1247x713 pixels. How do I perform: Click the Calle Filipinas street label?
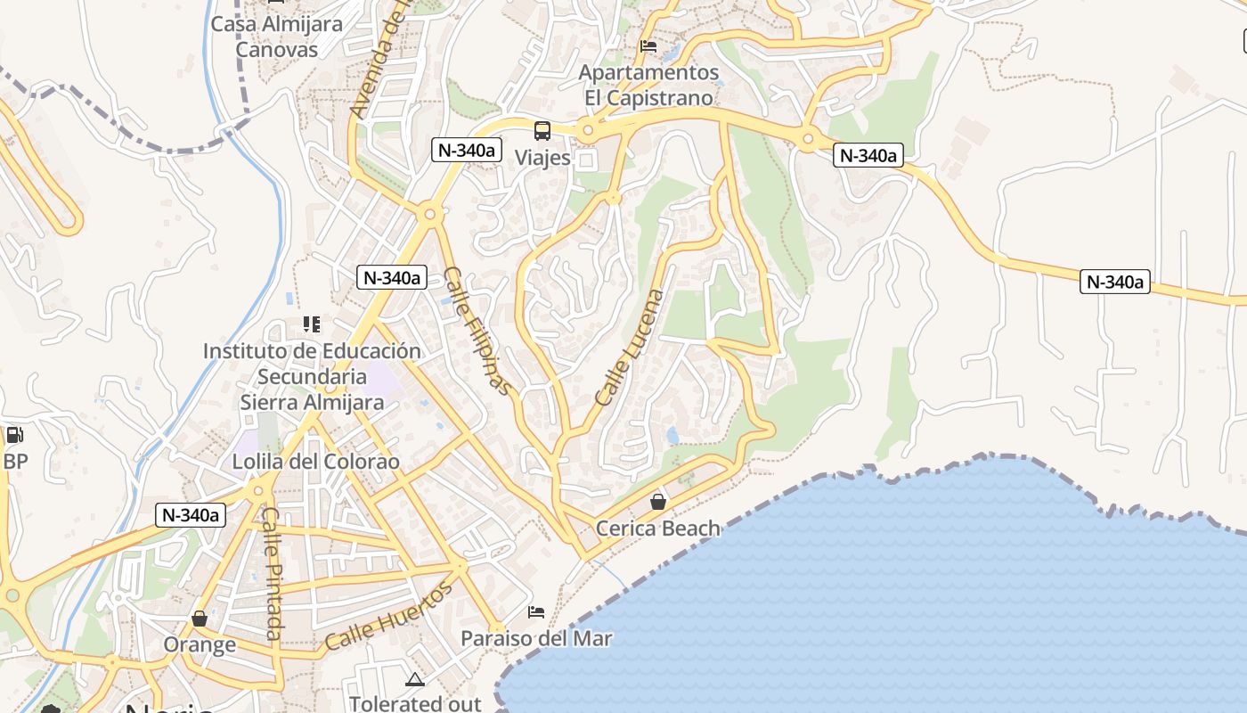point(478,331)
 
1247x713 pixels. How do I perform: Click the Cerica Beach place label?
point(657,529)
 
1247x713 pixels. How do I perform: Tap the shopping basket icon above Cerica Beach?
point(658,502)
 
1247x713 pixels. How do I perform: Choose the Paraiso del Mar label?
point(536,638)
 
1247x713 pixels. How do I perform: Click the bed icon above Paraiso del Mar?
point(536,611)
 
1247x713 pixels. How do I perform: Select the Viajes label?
point(542,158)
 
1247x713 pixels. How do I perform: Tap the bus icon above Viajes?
point(542,132)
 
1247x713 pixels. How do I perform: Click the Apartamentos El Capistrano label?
point(648,85)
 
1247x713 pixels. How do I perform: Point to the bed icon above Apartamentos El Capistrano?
point(648,45)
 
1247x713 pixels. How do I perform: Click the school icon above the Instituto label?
point(311,324)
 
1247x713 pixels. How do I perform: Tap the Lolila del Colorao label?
point(315,462)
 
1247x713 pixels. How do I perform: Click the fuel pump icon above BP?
point(15,435)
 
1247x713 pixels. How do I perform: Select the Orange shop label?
point(200,644)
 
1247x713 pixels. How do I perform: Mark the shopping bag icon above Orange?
point(200,619)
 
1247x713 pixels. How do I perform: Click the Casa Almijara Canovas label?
point(276,37)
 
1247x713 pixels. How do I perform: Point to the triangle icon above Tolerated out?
point(415,680)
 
